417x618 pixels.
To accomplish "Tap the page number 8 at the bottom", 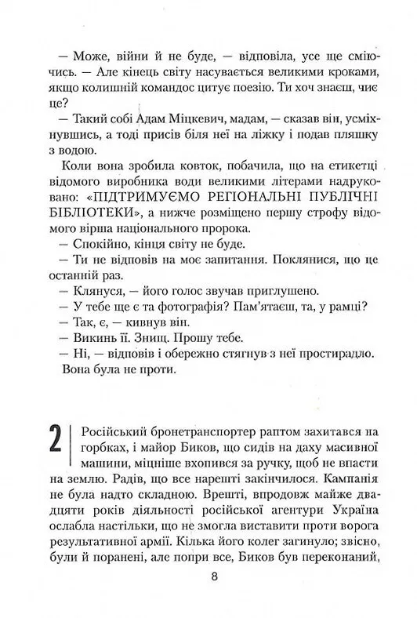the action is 215,576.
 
